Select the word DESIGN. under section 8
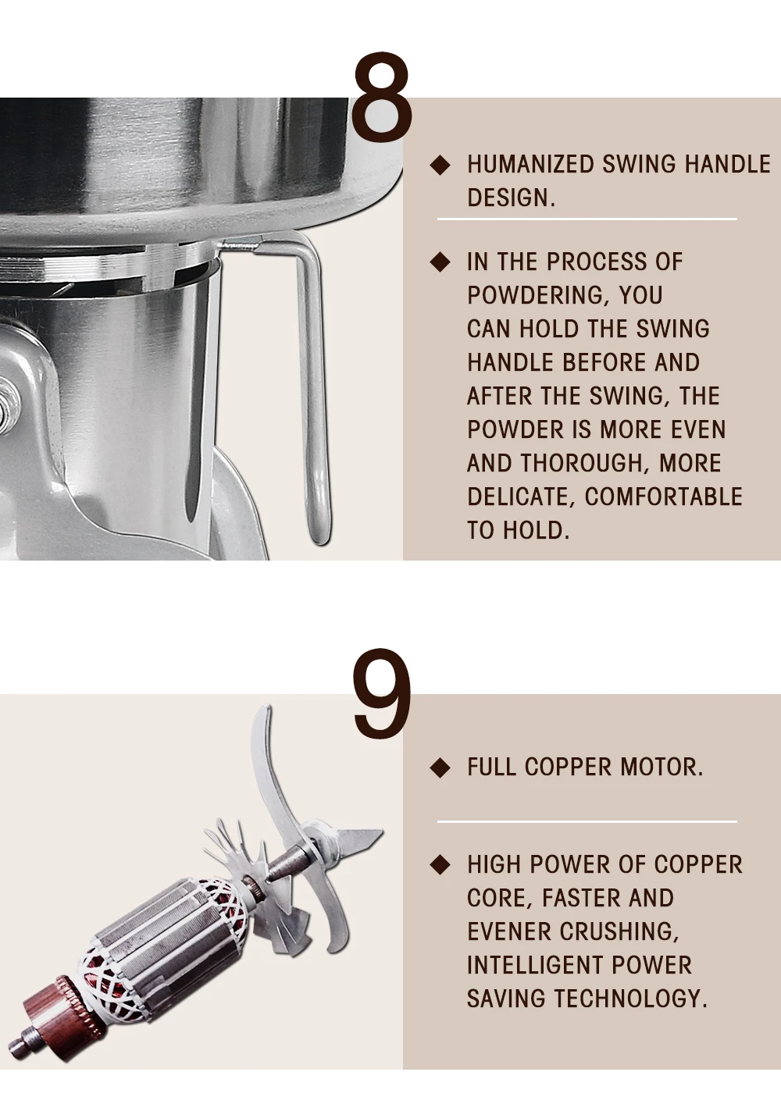click(x=511, y=198)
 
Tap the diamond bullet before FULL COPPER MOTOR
click(x=440, y=767)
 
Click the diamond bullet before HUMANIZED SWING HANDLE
click(x=440, y=165)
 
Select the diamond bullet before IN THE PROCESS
click(x=440, y=262)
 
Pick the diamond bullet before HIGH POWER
click(x=440, y=864)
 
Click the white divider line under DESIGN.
click(x=587, y=219)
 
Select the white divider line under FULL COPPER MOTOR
click(x=587, y=821)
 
